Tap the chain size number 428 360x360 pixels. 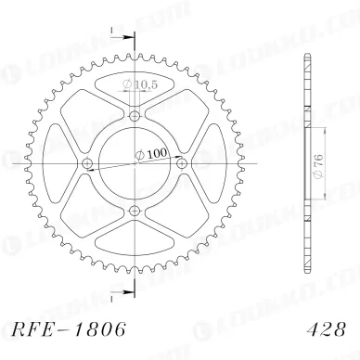point(320,329)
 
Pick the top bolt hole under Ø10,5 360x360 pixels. point(135,116)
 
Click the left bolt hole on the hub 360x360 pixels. point(88,164)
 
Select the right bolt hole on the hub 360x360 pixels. point(183,164)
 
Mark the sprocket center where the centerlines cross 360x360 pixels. point(135,164)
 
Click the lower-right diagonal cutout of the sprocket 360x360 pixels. point(181,210)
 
